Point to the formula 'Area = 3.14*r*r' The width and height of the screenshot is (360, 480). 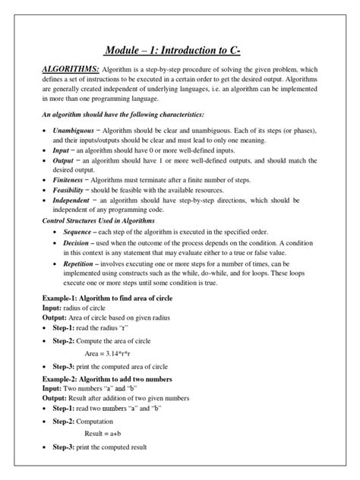tap(114, 353)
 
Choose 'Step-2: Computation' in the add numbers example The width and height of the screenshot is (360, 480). tap(83, 420)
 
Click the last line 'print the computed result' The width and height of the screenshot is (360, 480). tap(113, 447)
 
